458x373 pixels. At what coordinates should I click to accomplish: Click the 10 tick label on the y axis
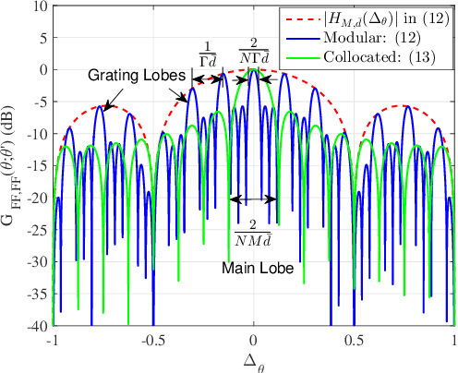(x=40, y=5)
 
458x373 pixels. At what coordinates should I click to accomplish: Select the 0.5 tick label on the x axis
(x=355, y=340)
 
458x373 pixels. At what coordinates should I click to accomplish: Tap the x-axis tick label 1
(x=454, y=340)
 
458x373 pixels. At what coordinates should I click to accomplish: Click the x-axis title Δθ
(x=254, y=360)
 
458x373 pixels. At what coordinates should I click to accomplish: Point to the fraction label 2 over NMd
(x=253, y=231)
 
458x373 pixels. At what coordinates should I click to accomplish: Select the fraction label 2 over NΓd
(x=250, y=50)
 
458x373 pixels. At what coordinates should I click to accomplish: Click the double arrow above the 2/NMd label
(x=253, y=199)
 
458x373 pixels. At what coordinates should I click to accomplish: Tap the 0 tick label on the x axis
(x=254, y=340)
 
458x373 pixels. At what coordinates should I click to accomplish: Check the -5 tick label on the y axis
(x=37, y=102)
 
